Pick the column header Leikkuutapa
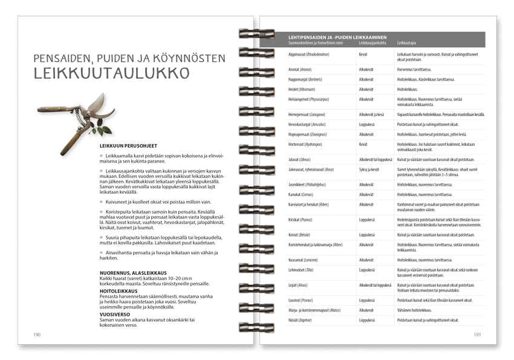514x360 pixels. point(406,43)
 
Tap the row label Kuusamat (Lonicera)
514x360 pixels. point(304,260)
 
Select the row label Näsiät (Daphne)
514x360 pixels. point(301,320)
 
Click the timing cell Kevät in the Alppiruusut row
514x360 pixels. point(363,54)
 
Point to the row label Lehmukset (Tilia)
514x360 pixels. point(304,270)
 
